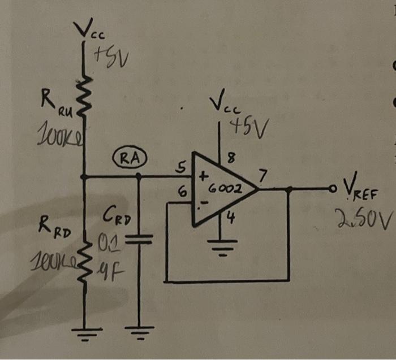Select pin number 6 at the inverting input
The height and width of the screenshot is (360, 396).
pos(182,192)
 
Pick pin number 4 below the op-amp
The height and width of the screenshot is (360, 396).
pos(230,216)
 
